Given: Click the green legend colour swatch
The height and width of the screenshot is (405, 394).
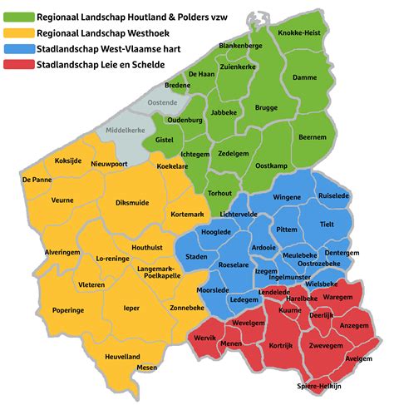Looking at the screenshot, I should point(17,16).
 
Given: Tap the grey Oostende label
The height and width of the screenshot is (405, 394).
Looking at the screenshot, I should point(162,102).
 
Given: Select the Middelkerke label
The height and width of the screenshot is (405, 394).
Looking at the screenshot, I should point(122,131).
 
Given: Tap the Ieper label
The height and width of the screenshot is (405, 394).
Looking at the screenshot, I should point(131,308).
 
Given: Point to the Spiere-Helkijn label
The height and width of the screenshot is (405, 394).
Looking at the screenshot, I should point(319,387).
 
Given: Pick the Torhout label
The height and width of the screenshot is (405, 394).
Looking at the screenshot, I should point(220,193).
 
